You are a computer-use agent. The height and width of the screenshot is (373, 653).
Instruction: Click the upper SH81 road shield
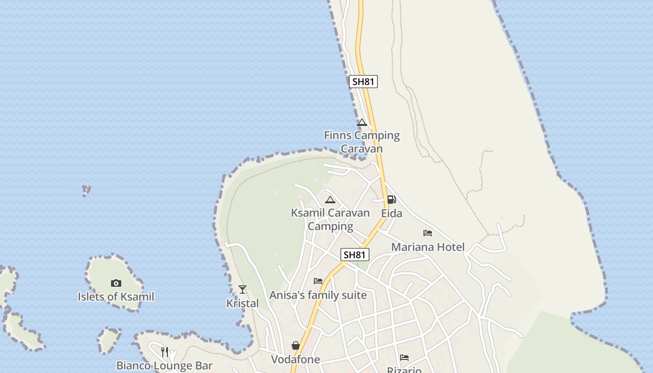(x=363, y=82)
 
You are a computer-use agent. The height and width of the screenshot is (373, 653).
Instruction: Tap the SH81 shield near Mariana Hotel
(x=355, y=255)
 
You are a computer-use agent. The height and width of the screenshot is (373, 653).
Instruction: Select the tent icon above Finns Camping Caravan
(x=362, y=123)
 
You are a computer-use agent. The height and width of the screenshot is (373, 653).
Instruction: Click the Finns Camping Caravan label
(x=362, y=142)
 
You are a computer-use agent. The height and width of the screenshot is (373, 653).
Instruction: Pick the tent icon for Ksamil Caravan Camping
(x=330, y=200)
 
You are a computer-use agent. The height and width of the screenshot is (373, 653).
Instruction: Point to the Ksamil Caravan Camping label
(x=330, y=219)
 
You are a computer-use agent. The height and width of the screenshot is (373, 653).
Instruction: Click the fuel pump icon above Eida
(x=392, y=200)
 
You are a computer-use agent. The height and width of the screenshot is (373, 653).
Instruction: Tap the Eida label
(x=392, y=213)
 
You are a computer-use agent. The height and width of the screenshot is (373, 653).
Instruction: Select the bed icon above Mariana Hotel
(x=428, y=233)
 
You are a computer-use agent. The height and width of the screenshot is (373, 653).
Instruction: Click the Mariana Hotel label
(x=428, y=247)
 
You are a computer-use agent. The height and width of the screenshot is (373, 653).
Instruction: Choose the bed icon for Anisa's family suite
(x=318, y=281)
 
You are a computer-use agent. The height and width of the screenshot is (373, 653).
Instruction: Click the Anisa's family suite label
(x=318, y=295)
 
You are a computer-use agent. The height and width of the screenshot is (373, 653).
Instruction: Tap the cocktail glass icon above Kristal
(x=243, y=290)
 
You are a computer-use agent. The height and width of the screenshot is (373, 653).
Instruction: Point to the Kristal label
(x=243, y=303)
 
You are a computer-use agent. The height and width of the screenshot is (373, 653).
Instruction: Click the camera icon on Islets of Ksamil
(x=116, y=283)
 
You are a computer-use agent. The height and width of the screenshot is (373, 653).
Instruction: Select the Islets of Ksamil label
(x=116, y=297)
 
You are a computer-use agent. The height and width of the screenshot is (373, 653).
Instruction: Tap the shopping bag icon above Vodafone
(x=296, y=345)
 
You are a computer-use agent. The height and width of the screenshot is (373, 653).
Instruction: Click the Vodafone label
(x=296, y=359)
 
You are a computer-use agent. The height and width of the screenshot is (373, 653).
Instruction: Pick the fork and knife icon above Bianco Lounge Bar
(x=165, y=352)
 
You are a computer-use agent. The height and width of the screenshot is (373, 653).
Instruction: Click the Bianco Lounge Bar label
(x=165, y=366)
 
